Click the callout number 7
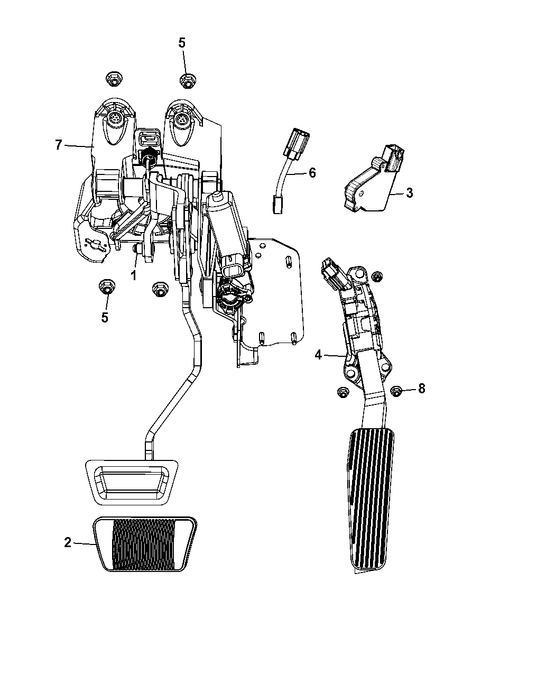coord(59,145)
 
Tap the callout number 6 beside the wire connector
coord(312,173)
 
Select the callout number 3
coord(410,193)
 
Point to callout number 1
coord(133,275)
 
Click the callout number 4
coord(318,355)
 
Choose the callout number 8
coord(422,389)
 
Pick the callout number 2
coord(68,542)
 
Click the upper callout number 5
coord(182,43)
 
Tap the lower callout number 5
coord(105,318)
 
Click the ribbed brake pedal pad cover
coord(145,544)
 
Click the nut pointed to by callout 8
coord(396,392)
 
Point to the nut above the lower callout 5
coord(107,287)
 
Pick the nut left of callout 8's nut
coord(343,392)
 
